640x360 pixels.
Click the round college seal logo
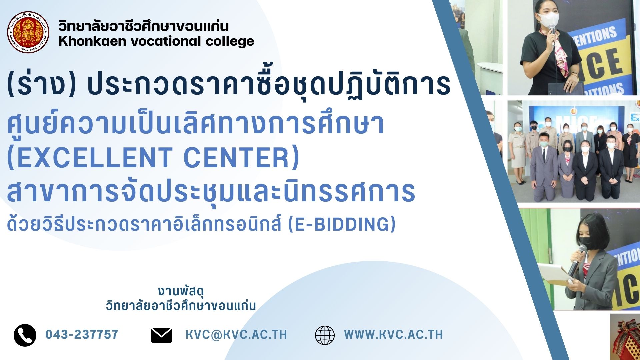[28, 32]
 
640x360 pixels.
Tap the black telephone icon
[25, 335]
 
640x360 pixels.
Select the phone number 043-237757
[82, 334]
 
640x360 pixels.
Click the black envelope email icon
[161, 335]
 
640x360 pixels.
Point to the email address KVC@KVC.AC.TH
[236, 335]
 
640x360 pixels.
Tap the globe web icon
[325, 335]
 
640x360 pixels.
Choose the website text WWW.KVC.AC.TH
[394, 335]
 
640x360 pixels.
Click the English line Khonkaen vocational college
[156, 41]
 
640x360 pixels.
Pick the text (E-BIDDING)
[342, 224]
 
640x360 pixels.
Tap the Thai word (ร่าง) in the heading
[42, 84]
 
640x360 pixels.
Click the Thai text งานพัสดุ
[181, 291]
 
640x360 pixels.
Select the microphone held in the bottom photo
[577, 260]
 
